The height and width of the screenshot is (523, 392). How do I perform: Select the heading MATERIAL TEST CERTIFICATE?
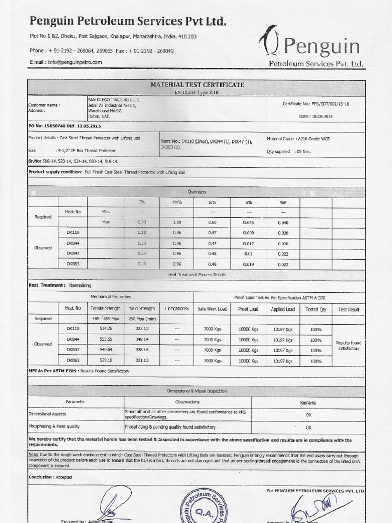coord(197,84)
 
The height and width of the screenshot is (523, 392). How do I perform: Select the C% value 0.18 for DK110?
coord(142,232)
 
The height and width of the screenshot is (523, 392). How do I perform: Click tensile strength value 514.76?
coord(105,329)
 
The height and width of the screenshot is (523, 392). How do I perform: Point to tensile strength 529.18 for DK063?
coord(105,361)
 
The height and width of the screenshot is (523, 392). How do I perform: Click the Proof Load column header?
coord(248,309)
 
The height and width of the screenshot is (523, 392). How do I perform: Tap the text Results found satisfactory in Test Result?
coord(349,345)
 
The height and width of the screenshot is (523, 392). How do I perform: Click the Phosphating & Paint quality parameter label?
coord(54,426)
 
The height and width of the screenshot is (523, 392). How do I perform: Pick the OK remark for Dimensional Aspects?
coord(308,415)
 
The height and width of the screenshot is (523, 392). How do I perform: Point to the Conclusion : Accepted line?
coord(50,477)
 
